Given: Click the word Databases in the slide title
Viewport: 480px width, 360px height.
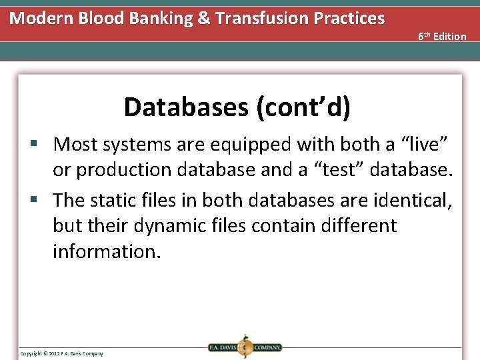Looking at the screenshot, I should click(186, 107).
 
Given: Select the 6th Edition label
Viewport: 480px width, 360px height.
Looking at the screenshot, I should click(442, 36).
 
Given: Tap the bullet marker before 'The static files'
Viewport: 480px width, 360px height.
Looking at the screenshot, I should click(41, 200).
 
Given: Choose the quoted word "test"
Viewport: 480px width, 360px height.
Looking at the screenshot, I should click(343, 170).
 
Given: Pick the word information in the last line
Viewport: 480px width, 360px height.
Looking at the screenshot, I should click(107, 252).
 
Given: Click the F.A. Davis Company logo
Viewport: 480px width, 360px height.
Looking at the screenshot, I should click(245, 347).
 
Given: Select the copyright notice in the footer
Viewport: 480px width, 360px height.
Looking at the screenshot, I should click(61, 353).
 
